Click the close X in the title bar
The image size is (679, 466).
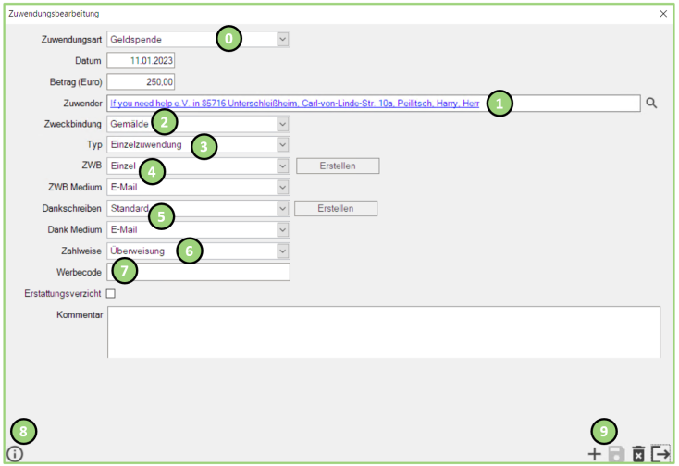click(663, 14)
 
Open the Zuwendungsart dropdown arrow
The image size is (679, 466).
click(283, 40)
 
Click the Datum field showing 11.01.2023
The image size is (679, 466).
click(141, 61)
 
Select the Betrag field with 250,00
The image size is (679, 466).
click(141, 81)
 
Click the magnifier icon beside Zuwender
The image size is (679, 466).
click(651, 103)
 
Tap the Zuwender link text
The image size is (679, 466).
click(294, 104)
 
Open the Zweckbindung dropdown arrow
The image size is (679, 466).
click(283, 124)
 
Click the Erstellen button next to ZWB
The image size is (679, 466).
click(338, 166)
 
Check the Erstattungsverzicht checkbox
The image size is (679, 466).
click(111, 294)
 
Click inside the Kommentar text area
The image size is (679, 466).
click(384, 332)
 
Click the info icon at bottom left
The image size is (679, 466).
click(15, 454)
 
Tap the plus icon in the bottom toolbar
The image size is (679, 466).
click(595, 454)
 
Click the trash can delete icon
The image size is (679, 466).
click(638, 454)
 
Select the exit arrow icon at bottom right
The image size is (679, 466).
click(660, 453)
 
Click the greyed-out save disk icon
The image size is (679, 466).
click(616, 454)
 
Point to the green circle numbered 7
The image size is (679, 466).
click(125, 270)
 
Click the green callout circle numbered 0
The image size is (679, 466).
click(228, 39)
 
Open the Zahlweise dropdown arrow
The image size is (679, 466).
click(283, 251)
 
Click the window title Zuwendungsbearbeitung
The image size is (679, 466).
click(54, 14)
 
